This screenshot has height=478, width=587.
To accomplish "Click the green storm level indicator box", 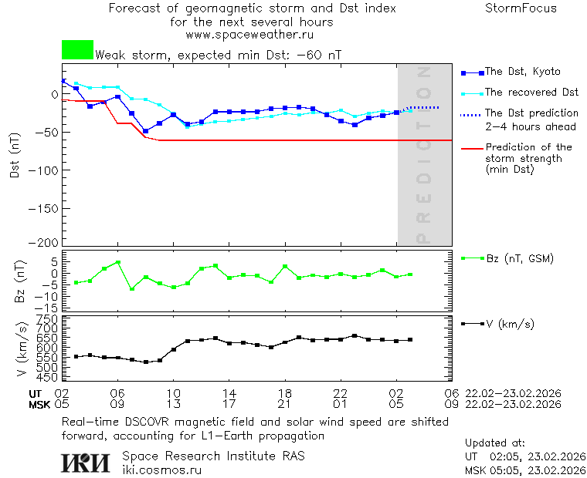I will (x=77, y=50).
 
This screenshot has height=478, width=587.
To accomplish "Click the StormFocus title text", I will (x=521, y=8).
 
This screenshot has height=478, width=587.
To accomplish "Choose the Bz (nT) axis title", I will (x=20, y=281).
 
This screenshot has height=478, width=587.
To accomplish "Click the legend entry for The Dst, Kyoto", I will (x=522, y=72).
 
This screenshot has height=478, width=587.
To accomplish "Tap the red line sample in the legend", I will (x=471, y=147).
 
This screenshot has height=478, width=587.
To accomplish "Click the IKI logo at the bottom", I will (x=86, y=462).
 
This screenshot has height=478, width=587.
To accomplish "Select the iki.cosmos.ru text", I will (x=161, y=470).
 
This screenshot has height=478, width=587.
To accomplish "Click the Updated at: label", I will (x=495, y=443).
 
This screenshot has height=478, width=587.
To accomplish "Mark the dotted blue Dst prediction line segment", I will (x=424, y=107).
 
